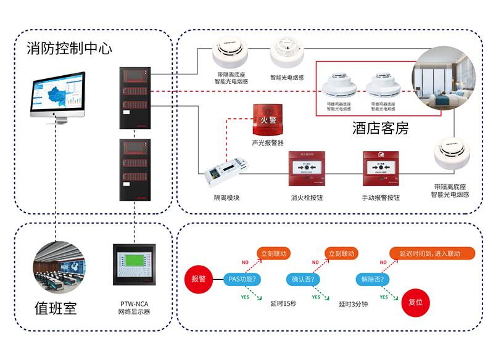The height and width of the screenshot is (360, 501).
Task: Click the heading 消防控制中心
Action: pyautogui.click(x=69, y=49)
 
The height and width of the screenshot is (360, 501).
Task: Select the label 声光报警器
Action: pyautogui.click(x=267, y=143)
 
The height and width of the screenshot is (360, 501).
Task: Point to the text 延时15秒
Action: pyautogui.click(x=283, y=303)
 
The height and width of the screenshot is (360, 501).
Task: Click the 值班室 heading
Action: pyautogui.click(x=56, y=308)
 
